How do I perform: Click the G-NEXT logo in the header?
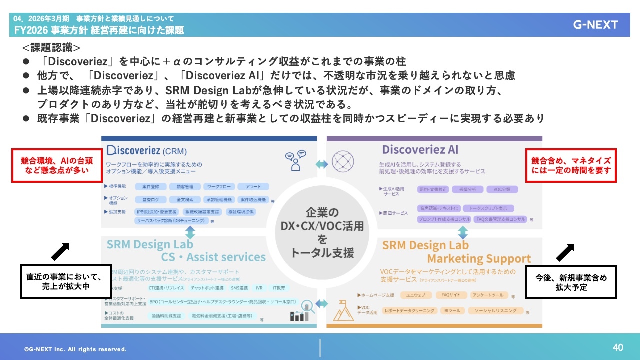point(595,25)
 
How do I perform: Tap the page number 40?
point(618,347)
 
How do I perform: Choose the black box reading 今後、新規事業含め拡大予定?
point(571,283)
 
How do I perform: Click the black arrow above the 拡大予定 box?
point(565,252)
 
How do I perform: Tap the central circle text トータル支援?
point(322,252)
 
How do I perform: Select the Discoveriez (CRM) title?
point(147,150)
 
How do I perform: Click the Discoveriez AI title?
point(420,150)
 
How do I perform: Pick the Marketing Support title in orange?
point(479,259)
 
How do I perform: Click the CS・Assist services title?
point(213,257)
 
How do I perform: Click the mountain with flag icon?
point(344,310)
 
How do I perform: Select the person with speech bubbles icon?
point(295,161)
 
